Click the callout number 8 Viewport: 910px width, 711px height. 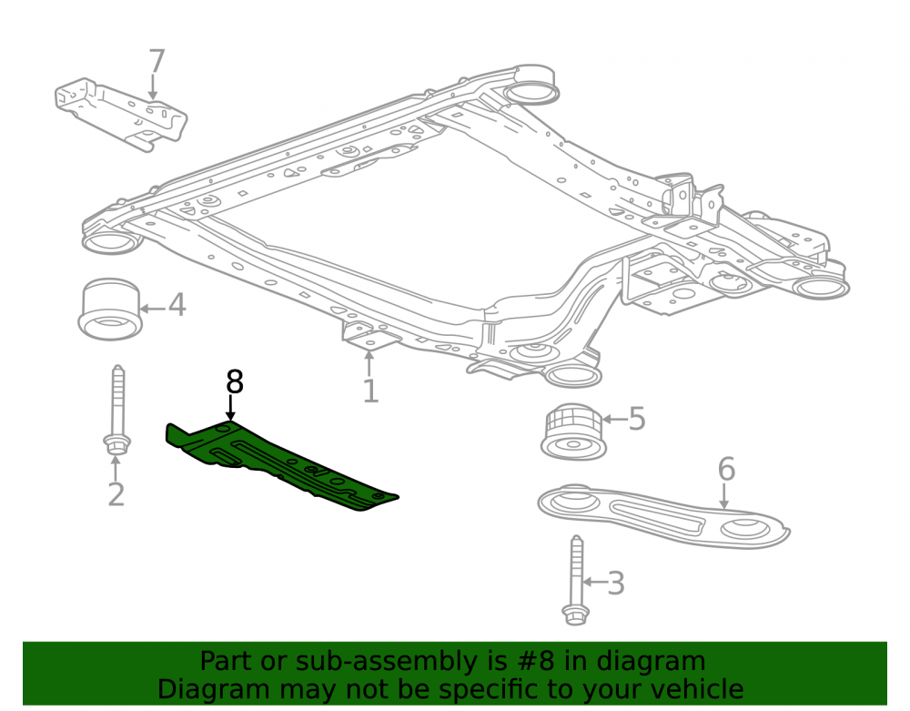(x=235, y=382)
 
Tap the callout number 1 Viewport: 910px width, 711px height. (x=370, y=391)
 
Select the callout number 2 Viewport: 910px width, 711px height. (x=116, y=494)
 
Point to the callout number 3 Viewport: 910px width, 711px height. (x=616, y=584)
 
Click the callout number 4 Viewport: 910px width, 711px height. (x=177, y=305)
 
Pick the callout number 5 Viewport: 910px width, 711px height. (x=637, y=419)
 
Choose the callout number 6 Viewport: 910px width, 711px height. (x=726, y=469)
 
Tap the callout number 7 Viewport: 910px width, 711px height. (x=157, y=61)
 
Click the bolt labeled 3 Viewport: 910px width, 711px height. (x=576, y=581)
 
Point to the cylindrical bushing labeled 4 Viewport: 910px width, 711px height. (x=110, y=309)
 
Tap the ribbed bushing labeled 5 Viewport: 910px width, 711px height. (x=574, y=432)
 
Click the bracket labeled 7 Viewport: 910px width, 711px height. (x=121, y=115)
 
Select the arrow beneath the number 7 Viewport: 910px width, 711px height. (x=153, y=87)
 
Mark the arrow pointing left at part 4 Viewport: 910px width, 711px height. (x=153, y=309)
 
